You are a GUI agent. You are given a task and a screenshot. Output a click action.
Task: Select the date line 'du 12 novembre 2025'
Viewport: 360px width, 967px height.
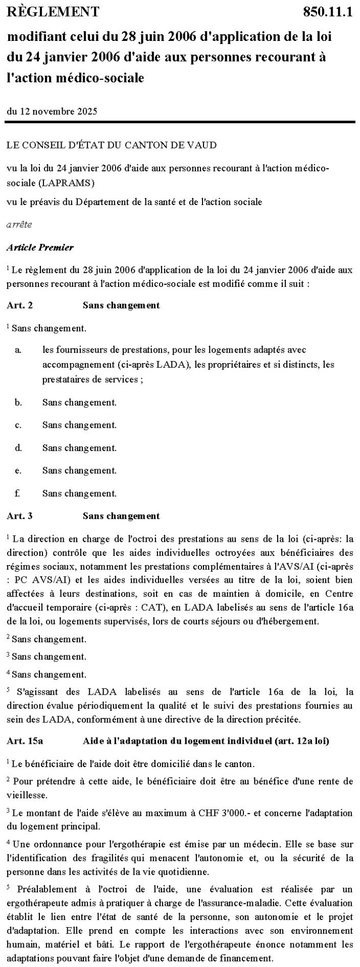click(x=52, y=111)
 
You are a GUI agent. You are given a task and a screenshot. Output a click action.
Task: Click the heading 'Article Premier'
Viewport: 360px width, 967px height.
click(x=40, y=247)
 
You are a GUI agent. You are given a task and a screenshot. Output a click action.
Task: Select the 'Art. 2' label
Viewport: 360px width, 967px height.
click(x=20, y=305)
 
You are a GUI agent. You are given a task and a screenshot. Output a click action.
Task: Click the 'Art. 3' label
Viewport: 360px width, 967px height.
click(x=20, y=516)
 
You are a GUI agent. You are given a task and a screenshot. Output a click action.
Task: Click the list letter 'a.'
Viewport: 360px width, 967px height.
click(x=18, y=349)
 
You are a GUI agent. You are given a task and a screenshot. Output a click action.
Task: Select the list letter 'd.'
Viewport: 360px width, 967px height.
click(x=18, y=447)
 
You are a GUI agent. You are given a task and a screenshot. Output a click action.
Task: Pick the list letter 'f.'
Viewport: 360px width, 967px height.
click(x=18, y=493)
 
